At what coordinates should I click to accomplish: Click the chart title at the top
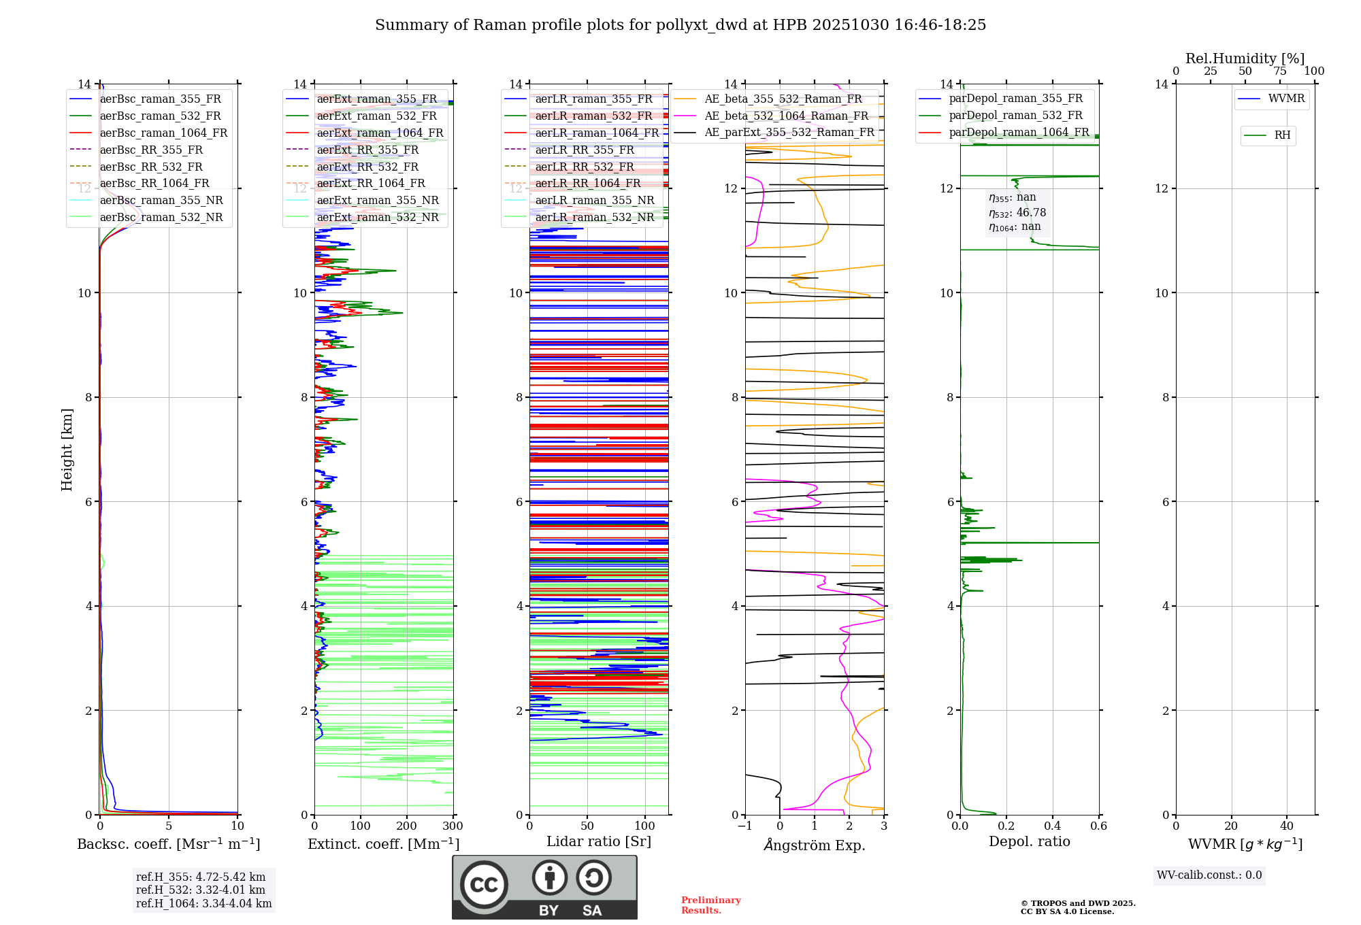[x=680, y=25]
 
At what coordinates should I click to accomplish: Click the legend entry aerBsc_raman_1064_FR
[x=163, y=133]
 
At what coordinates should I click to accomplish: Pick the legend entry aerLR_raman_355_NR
[x=594, y=200]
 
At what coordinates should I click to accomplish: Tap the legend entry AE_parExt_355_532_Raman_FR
[x=789, y=132]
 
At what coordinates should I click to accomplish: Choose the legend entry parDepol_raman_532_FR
[x=1015, y=116]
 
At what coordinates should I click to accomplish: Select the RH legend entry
[x=1282, y=135]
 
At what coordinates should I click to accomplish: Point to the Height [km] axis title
[x=67, y=449]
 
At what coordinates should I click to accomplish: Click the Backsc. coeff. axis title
[x=168, y=844]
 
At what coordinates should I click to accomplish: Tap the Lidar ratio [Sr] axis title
[x=599, y=841]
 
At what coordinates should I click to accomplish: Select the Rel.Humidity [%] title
[x=1245, y=58]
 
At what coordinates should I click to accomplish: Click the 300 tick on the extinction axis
[x=453, y=826]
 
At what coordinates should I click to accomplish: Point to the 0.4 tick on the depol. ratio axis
[x=1052, y=826]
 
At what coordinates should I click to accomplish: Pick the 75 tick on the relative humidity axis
[x=1279, y=71]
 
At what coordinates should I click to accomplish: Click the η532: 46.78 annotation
[x=1017, y=212]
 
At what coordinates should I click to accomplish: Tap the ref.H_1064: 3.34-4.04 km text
[x=203, y=903]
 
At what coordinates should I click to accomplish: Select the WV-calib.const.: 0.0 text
[x=1209, y=875]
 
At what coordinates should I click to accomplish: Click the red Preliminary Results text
[x=710, y=905]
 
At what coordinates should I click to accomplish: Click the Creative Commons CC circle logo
[x=484, y=885]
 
